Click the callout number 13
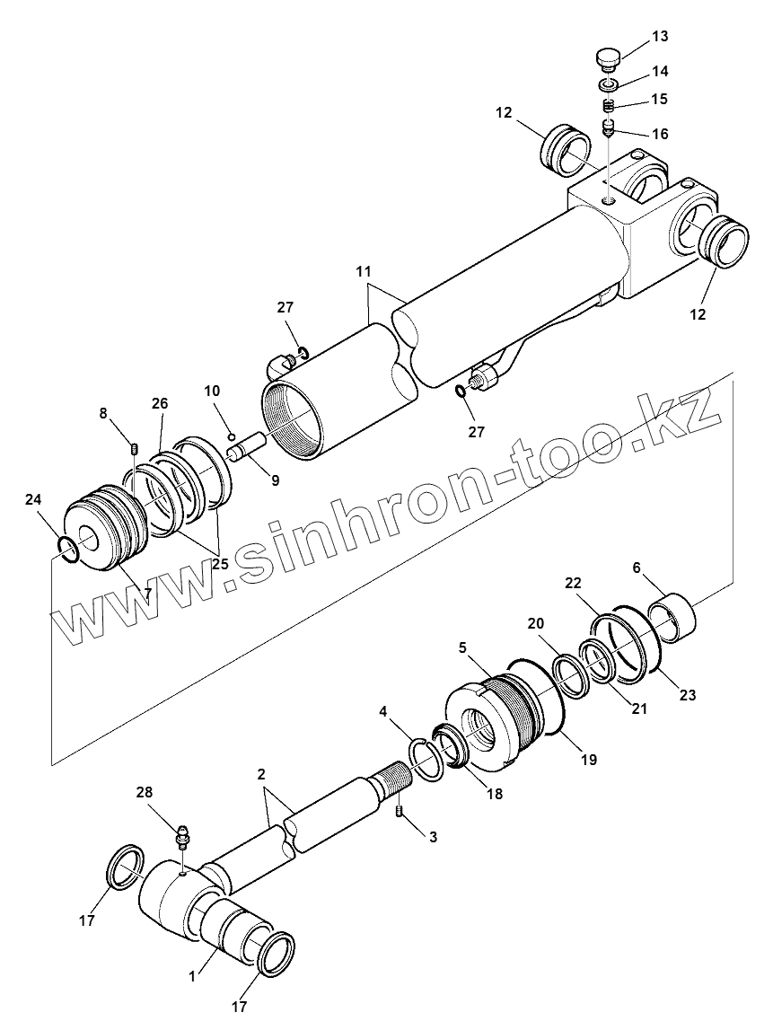[660, 37]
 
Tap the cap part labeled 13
[608, 59]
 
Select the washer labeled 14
[608, 84]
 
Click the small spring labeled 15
[608, 105]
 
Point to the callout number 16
[660, 134]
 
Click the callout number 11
[363, 270]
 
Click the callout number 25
[219, 564]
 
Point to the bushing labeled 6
[673, 618]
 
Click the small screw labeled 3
[399, 814]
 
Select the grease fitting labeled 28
[183, 837]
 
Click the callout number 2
[260, 773]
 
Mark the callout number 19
[588, 759]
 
